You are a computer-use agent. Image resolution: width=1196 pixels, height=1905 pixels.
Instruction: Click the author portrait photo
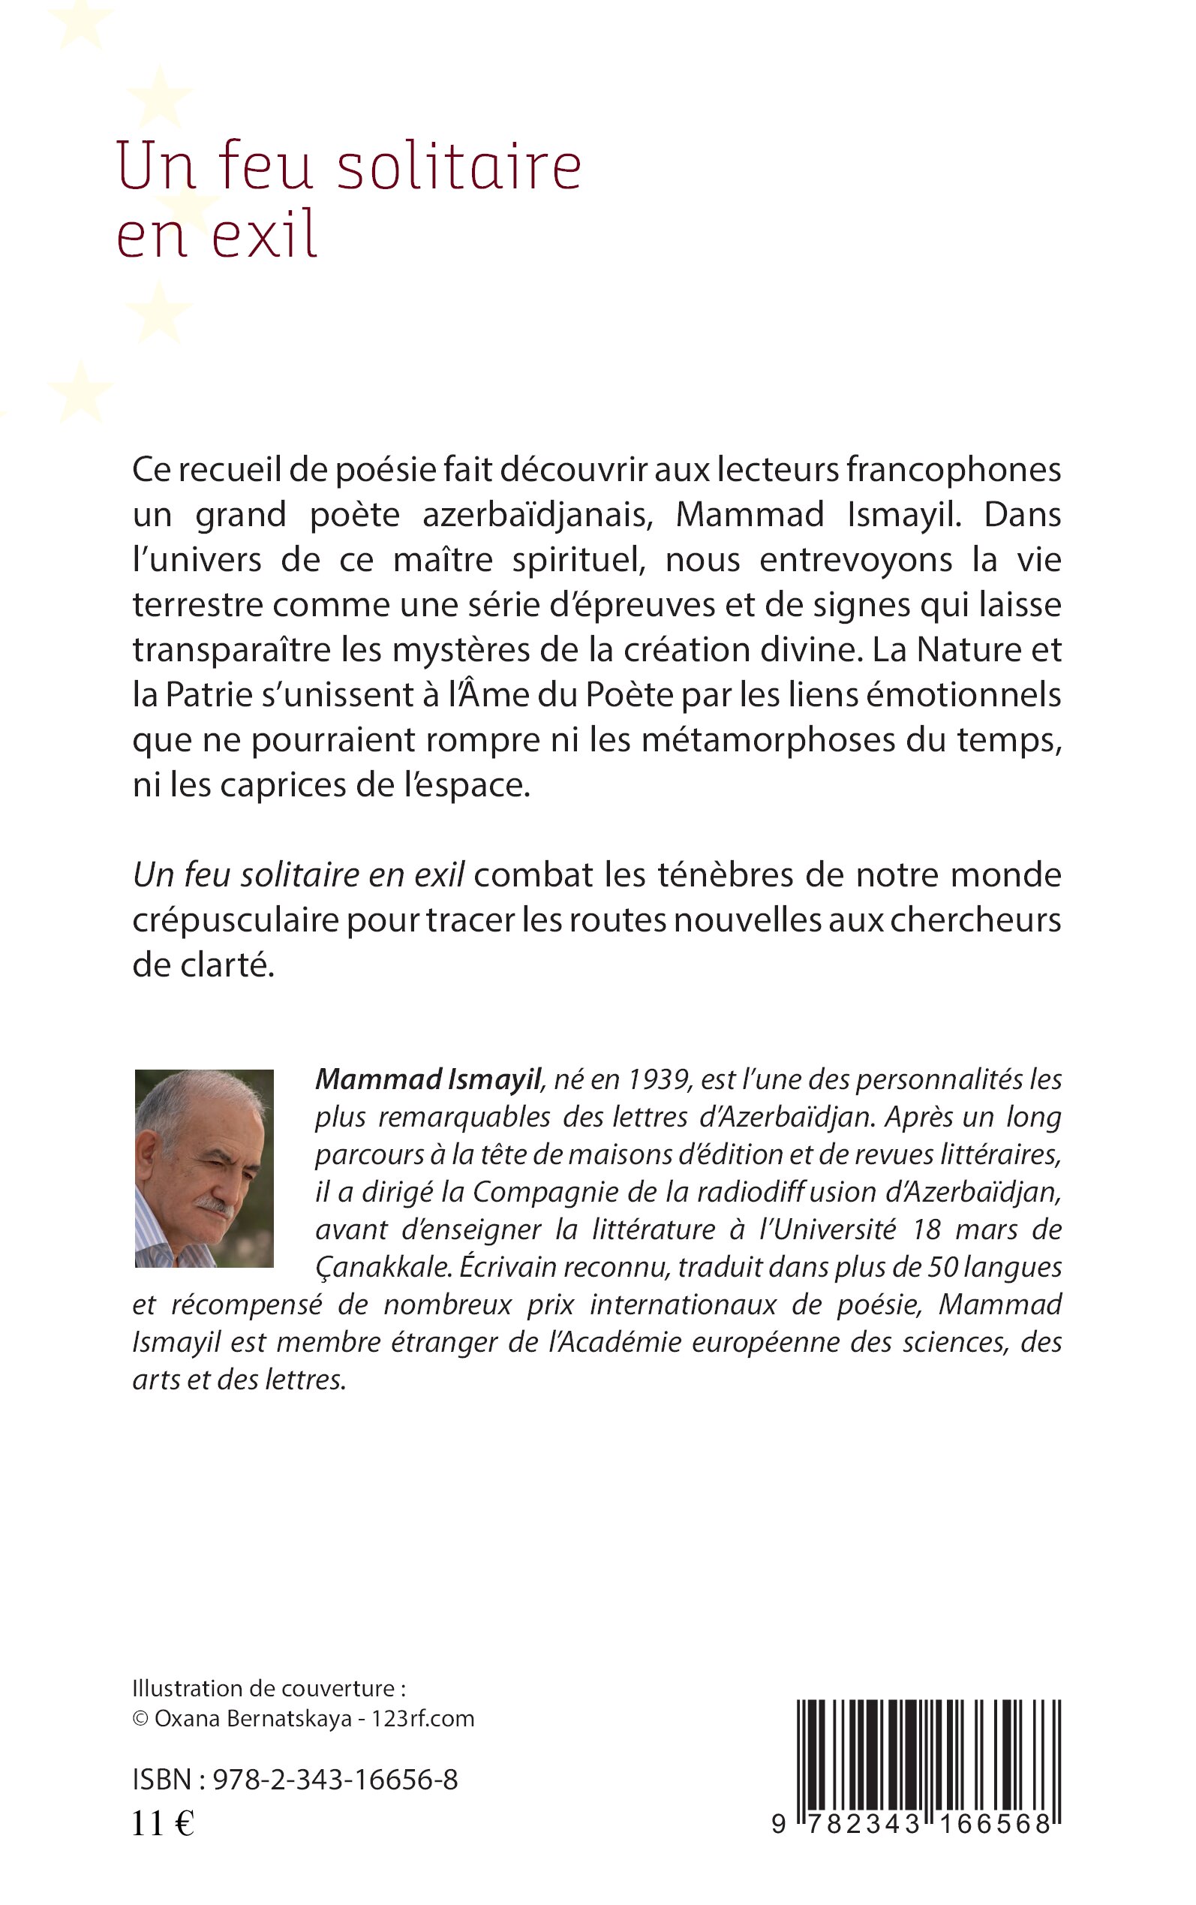pyautogui.click(x=204, y=1169)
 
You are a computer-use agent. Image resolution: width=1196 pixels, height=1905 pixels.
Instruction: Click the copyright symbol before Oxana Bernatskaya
pyautogui.click(x=140, y=1719)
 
